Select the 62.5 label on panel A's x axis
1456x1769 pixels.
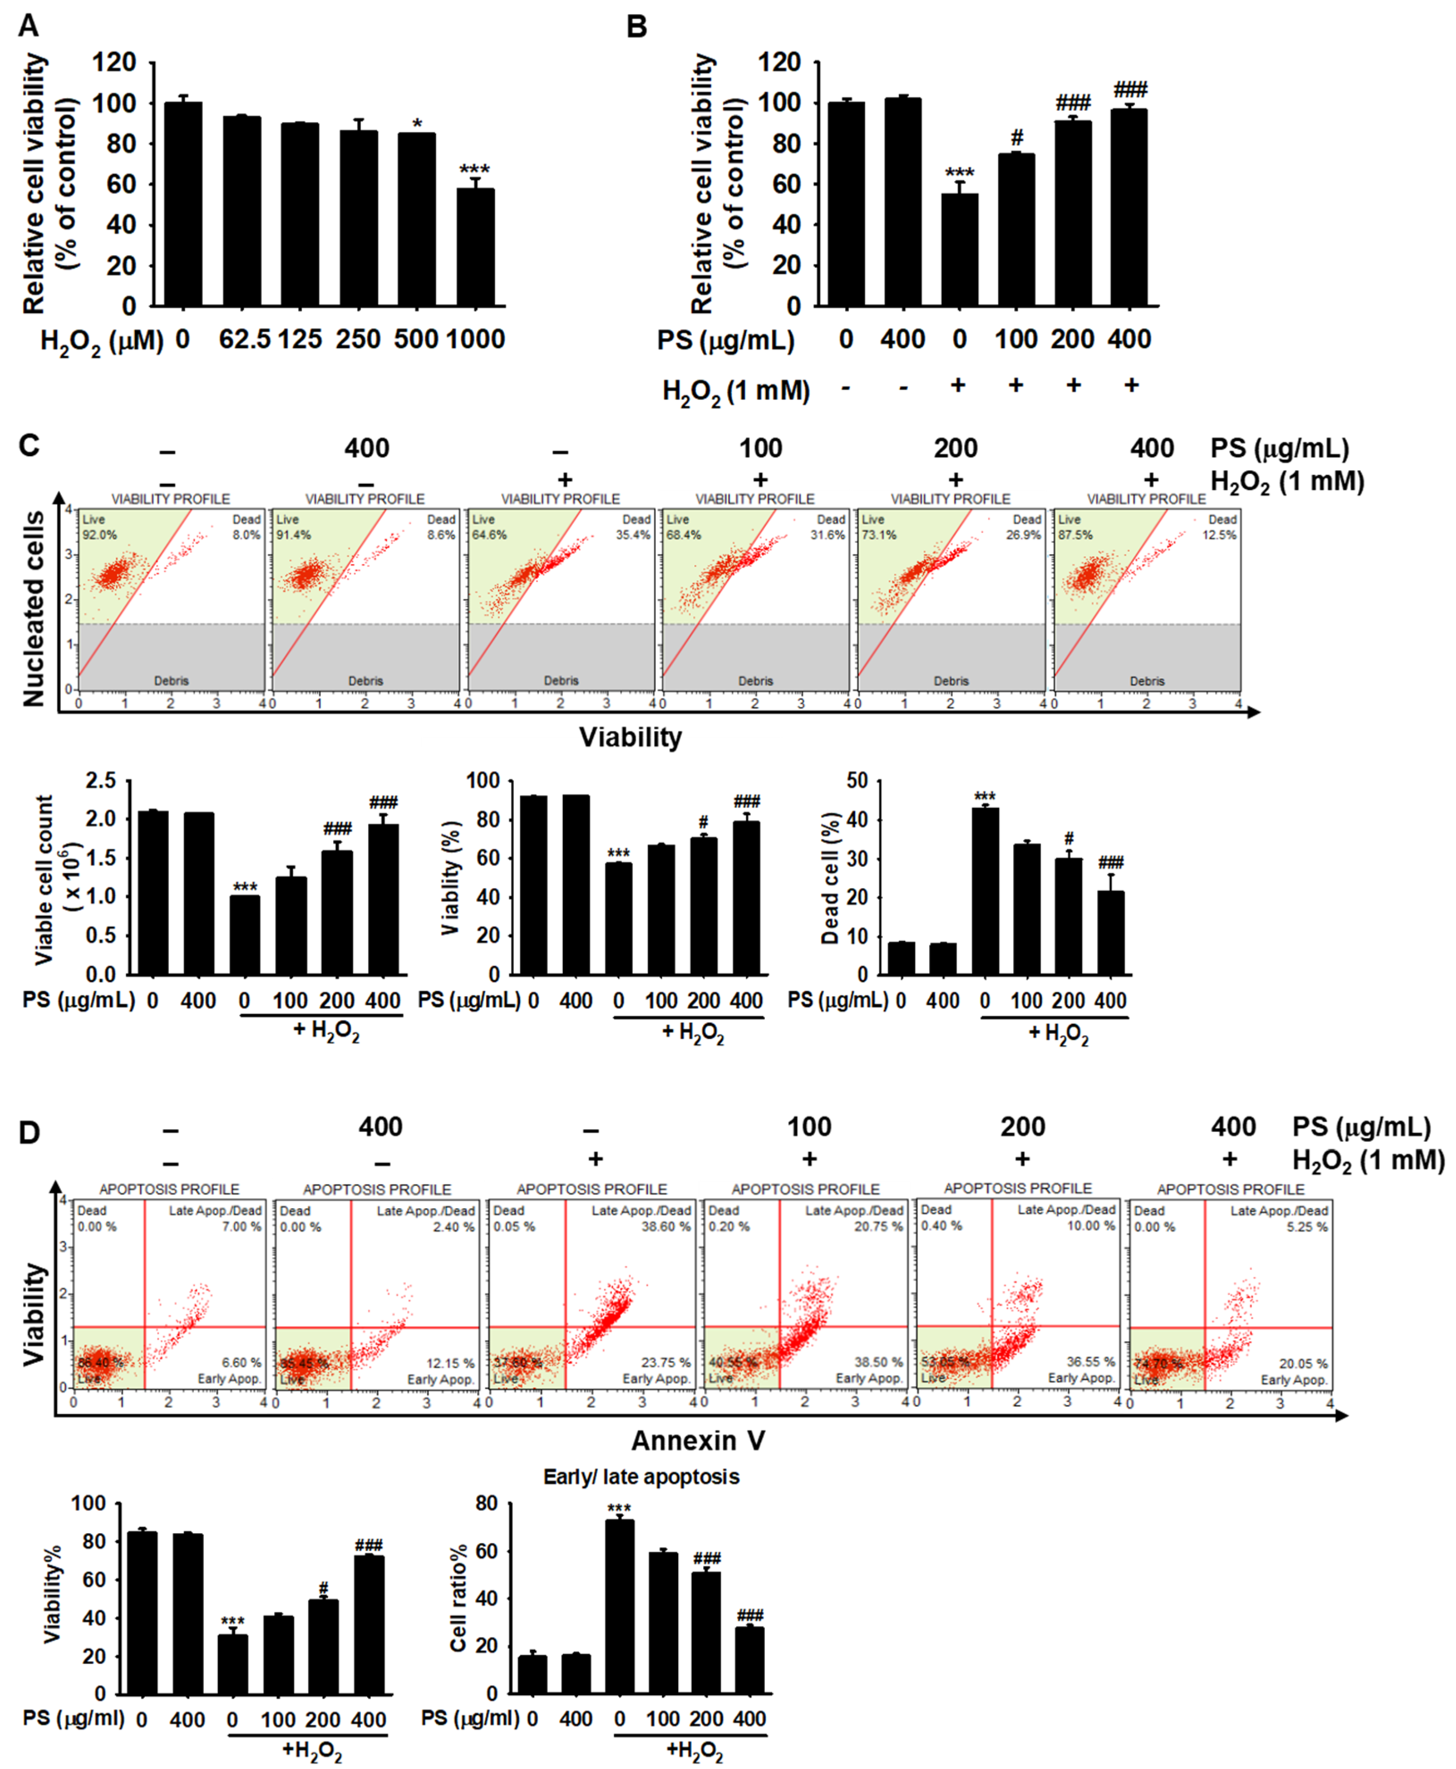click(245, 340)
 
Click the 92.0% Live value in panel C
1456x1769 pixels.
click(99, 535)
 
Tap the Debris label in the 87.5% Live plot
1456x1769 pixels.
click(1146, 681)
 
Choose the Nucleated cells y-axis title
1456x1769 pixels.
click(34, 609)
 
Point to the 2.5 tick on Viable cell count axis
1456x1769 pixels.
click(101, 780)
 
